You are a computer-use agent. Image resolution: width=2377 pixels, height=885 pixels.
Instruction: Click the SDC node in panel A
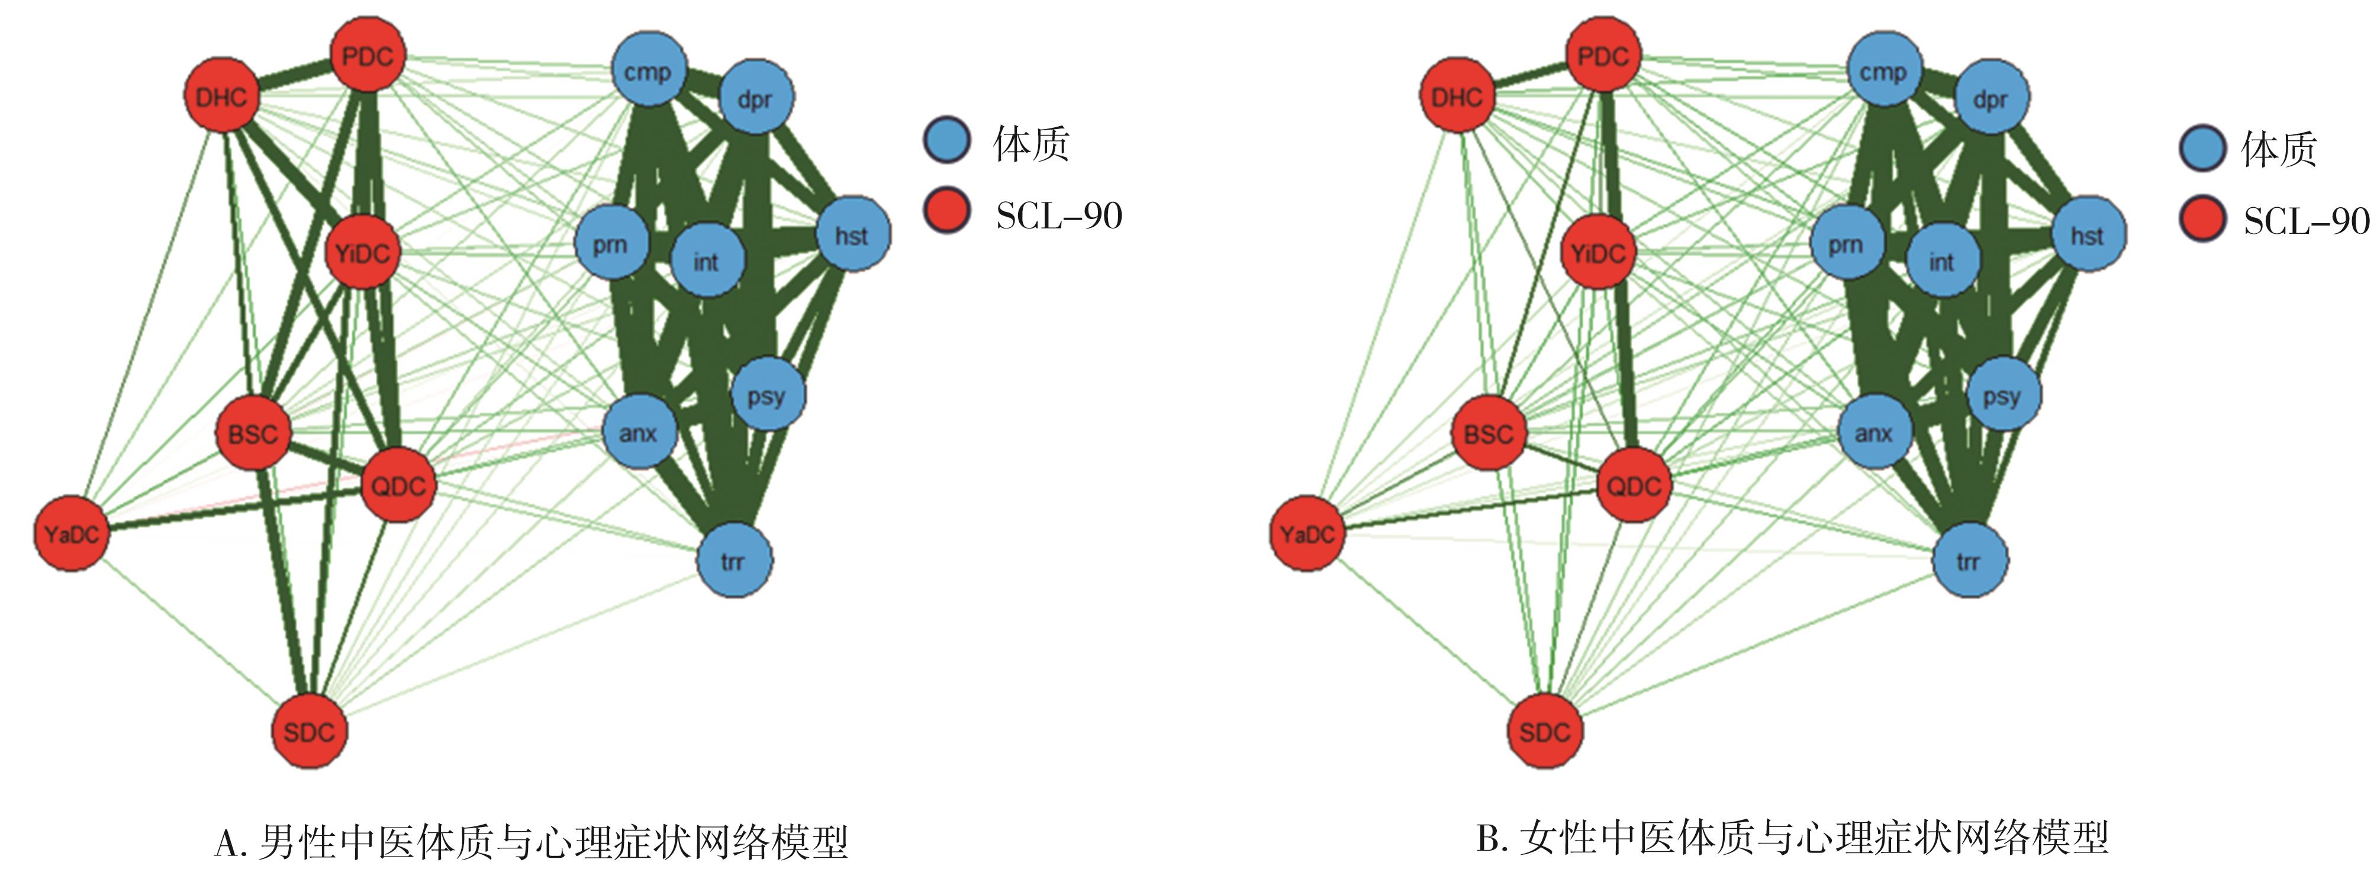coord(309,731)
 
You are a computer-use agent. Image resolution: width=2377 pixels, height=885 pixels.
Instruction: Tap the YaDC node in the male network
coord(71,533)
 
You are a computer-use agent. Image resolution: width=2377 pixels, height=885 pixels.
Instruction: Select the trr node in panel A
coord(733,560)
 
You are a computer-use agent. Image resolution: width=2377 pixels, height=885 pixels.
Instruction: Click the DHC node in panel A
coord(221,96)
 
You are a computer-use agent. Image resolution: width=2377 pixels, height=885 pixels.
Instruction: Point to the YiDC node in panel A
coord(362,252)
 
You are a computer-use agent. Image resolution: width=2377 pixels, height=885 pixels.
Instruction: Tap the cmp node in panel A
coord(649,71)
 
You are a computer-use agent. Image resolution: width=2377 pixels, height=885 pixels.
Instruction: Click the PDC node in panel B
coord(1603,56)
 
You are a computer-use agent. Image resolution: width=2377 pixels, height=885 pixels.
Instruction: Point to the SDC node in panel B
coord(1545,731)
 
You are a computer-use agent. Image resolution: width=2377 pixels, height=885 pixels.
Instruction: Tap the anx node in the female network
coord(1874,432)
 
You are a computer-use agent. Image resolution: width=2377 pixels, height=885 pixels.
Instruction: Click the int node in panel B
coord(1941,261)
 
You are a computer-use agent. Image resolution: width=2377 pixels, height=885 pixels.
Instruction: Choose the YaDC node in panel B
coord(1307,533)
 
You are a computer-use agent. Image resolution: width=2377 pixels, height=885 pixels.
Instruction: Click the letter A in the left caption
coord(226,842)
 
